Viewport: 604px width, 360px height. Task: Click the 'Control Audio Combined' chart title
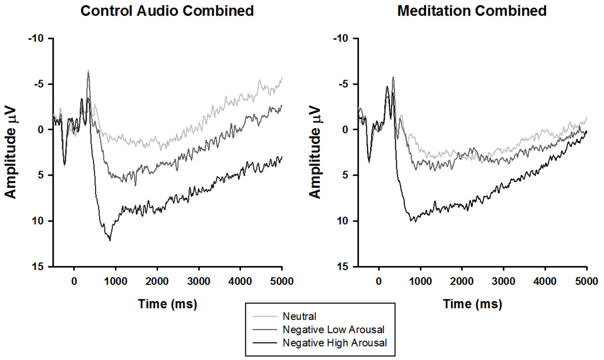pos(167,11)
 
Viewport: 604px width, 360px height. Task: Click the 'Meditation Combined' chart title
pos(472,11)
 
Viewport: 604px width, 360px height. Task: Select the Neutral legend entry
pos(299,316)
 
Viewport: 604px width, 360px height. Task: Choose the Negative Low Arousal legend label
pos(333,330)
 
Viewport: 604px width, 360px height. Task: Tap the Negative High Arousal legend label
pos(334,343)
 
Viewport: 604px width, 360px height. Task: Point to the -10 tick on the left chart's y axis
pos(36,38)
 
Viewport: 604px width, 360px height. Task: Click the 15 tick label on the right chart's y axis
pos(343,266)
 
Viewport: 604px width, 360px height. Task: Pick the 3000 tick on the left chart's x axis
pos(199,281)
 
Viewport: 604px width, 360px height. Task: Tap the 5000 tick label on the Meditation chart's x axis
pos(586,281)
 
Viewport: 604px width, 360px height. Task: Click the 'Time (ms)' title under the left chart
pos(168,304)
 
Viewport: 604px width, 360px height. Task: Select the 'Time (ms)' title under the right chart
pos(472,304)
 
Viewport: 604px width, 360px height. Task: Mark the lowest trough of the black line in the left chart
pos(110,240)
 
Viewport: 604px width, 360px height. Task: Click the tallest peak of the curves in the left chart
pos(88,70)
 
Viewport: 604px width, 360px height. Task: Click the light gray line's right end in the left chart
pos(282,78)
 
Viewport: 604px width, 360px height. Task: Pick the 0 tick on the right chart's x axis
pos(379,281)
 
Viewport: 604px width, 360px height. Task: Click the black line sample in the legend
pos(265,343)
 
